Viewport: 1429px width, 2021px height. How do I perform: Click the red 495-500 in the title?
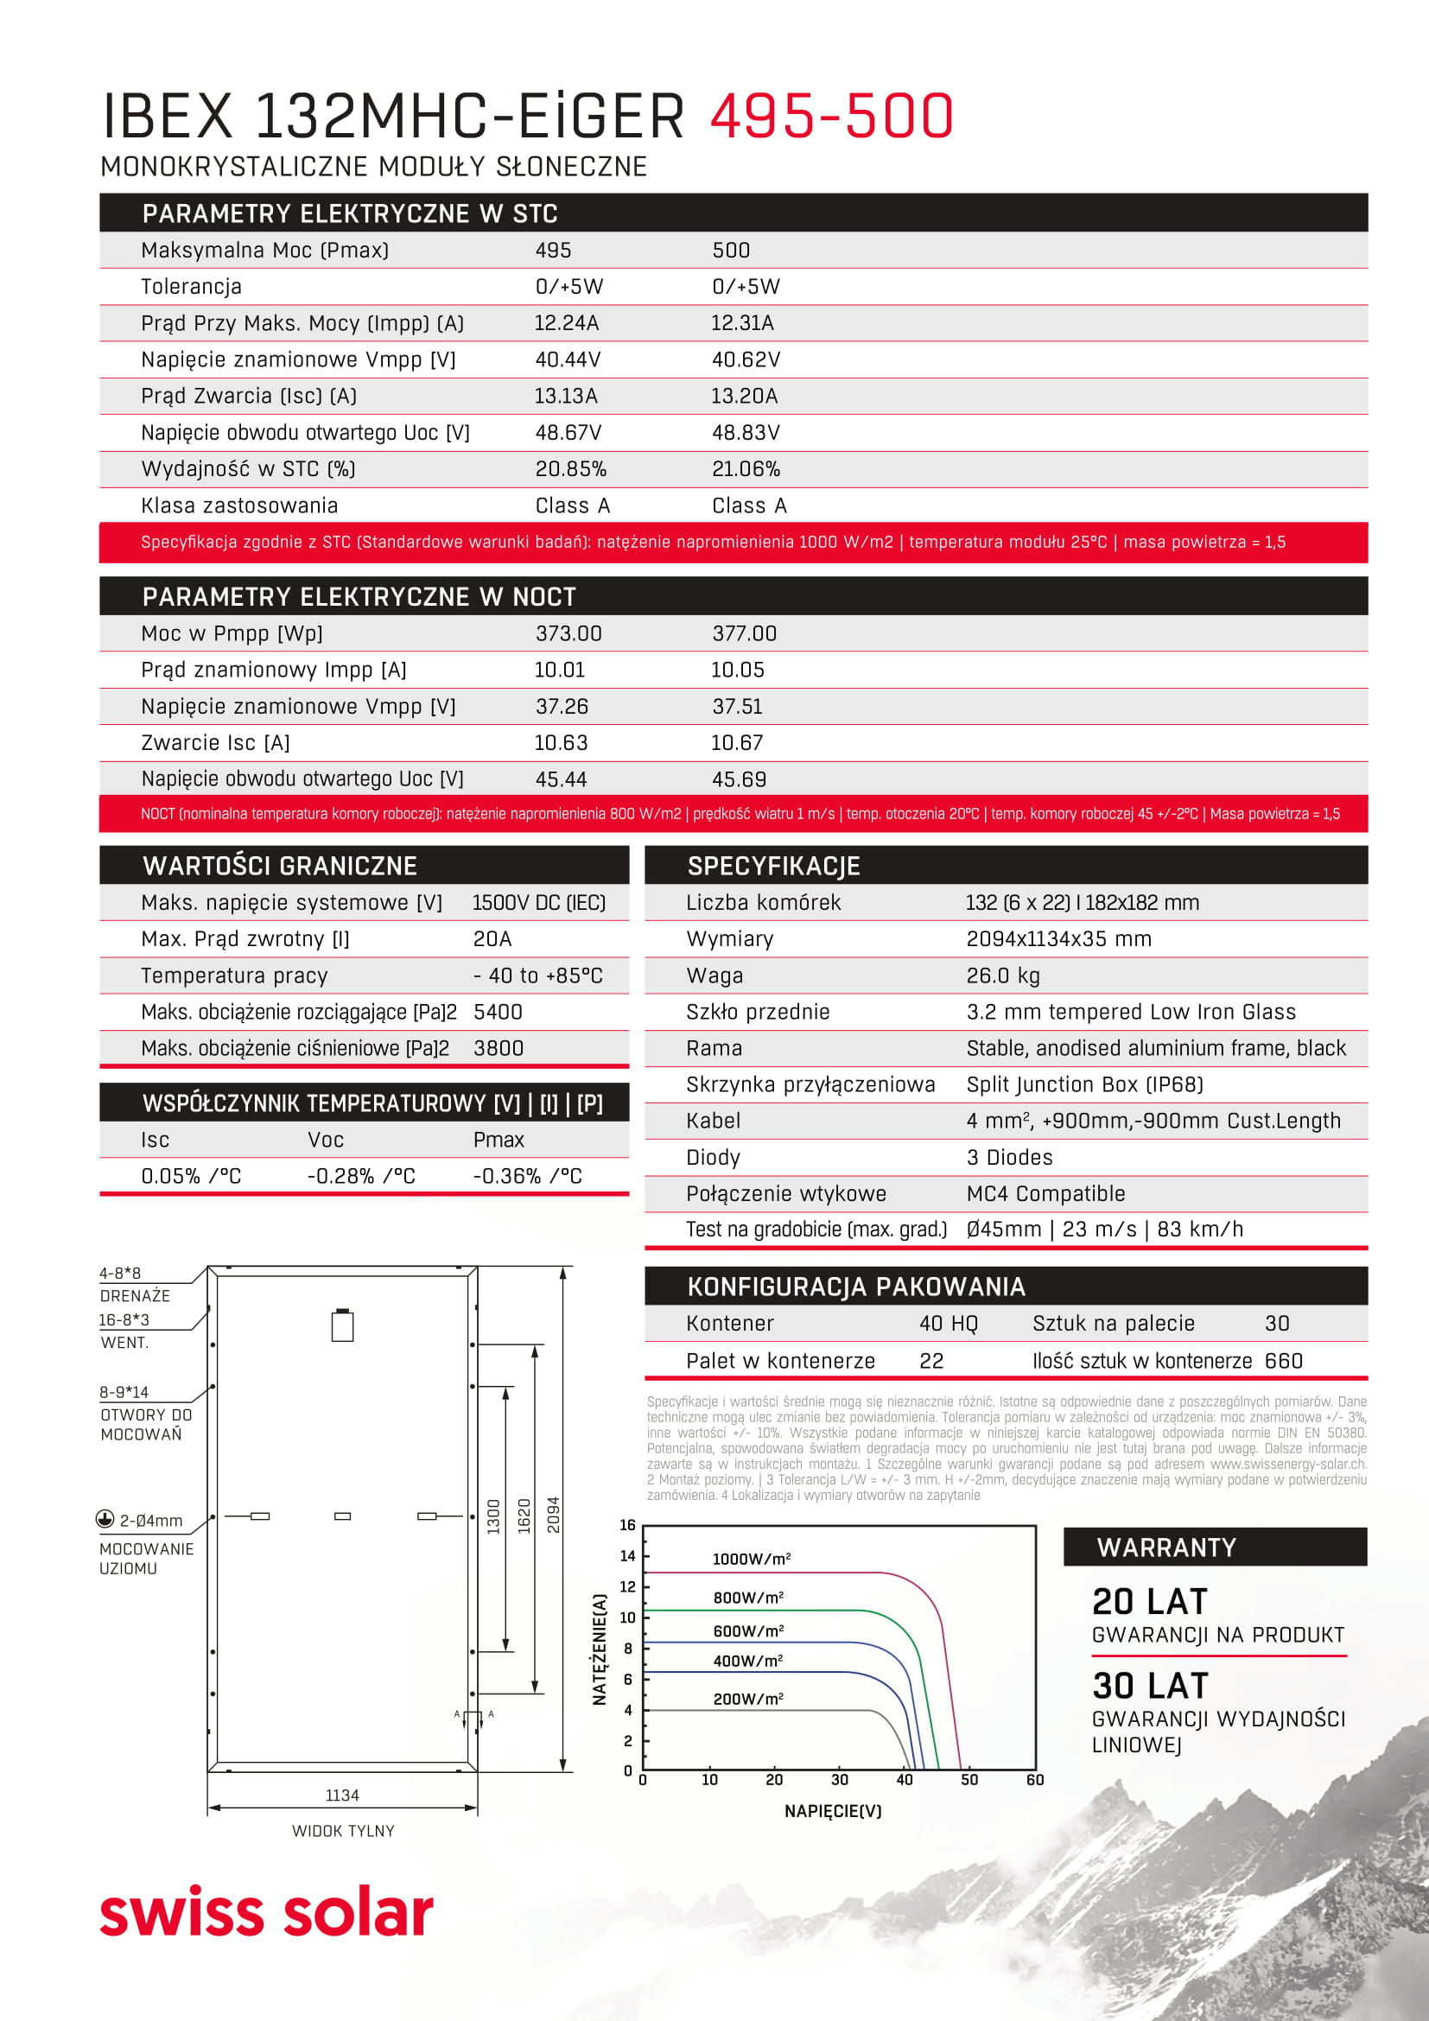click(830, 116)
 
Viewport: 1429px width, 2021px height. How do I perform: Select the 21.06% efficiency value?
click(746, 469)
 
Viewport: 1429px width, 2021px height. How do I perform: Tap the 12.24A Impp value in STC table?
click(566, 323)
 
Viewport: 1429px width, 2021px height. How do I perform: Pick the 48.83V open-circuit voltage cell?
click(746, 432)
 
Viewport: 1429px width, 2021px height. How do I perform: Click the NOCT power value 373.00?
click(568, 633)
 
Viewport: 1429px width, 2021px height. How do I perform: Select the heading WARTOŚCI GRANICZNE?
click(280, 866)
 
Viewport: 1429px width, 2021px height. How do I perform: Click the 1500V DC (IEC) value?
click(538, 902)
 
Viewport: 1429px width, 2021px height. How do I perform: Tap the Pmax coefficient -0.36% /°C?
click(527, 1176)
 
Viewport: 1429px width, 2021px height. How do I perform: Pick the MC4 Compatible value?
click(1045, 1193)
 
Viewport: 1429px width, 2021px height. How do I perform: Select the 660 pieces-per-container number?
click(1283, 1361)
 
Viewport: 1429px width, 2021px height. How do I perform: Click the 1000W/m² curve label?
click(751, 1559)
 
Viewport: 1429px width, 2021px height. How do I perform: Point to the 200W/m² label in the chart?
click(748, 1699)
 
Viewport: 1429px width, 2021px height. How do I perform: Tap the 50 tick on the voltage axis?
click(969, 1779)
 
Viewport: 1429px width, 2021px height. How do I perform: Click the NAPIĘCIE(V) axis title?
click(832, 1811)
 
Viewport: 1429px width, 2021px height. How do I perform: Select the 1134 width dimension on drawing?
click(342, 1795)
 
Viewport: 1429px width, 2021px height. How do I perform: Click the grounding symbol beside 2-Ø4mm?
click(105, 1518)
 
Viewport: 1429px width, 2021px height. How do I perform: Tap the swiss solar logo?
click(267, 1912)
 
